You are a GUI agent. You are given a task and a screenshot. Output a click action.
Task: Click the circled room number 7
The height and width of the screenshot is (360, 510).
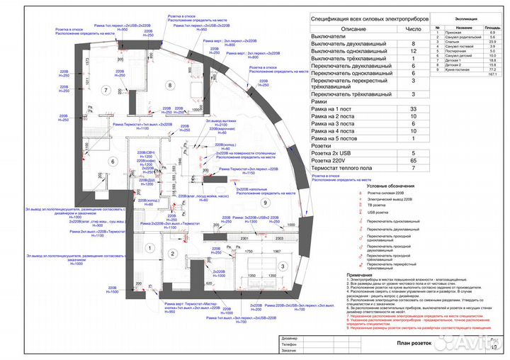(x=104, y=90)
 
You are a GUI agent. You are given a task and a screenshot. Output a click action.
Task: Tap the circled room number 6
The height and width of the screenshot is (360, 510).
(x=112, y=161)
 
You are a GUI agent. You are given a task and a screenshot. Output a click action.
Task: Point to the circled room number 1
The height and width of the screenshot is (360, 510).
(x=149, y=248)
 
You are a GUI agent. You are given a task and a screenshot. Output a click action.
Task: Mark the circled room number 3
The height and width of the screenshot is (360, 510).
(x=282, y=266)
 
